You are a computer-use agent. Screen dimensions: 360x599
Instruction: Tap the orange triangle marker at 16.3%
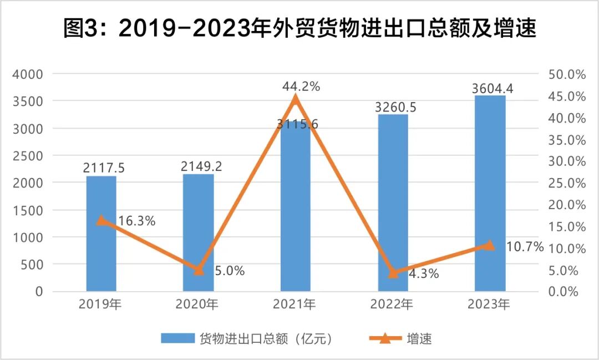101,220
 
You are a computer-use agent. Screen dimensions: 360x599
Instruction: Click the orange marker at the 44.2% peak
296,99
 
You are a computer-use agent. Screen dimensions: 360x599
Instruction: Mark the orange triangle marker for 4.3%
393,272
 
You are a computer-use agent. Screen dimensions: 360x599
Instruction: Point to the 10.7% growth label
525,247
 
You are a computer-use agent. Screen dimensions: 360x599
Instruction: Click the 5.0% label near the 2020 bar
229,271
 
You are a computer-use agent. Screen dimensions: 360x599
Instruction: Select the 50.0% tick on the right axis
567,74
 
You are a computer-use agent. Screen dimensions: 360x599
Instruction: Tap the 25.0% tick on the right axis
567,183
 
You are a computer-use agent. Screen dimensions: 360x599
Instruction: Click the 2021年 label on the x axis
296,304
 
